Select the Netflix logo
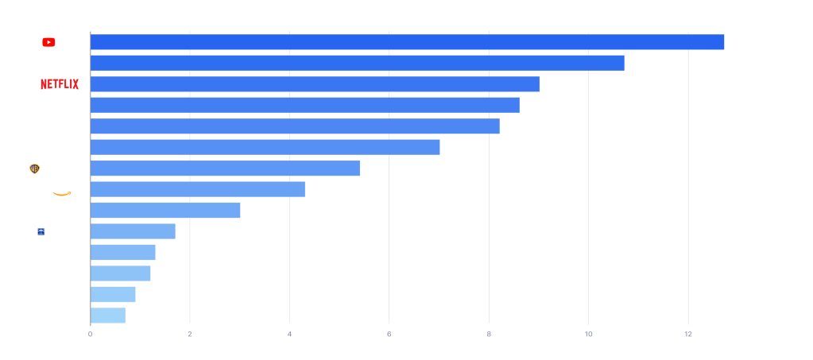point(60,84)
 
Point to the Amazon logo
point(65,189)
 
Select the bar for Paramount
point(304,105)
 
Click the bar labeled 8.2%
point(295,126)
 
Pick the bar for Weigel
point(122,253)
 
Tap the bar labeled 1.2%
point(120,273)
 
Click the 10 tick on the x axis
point(588,334)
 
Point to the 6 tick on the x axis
point(389,334)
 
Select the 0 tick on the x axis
point(90,334)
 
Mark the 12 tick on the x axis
point(687,334)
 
